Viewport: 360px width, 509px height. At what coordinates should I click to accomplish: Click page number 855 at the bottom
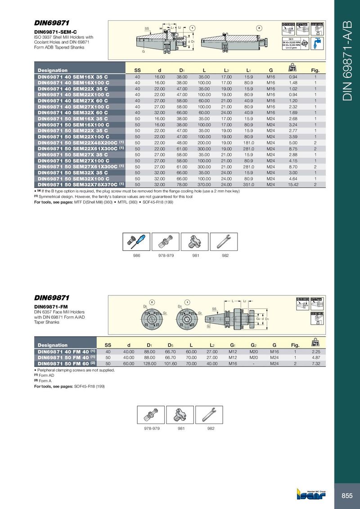coord(346,496)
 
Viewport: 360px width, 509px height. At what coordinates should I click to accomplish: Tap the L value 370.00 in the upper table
coord(204,184)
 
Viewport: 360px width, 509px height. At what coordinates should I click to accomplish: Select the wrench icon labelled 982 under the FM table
coord(211,415)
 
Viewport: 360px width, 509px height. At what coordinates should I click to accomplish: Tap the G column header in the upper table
coord(271,70)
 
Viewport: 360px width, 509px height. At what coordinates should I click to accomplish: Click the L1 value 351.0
coord(249,184)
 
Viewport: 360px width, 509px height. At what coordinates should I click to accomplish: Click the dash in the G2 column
coord(253,363)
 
